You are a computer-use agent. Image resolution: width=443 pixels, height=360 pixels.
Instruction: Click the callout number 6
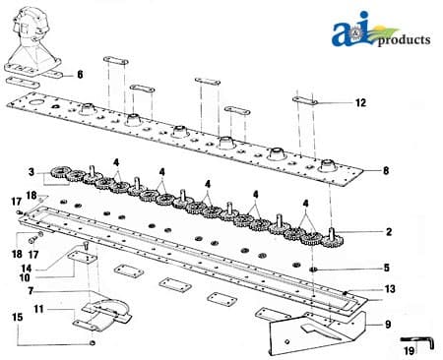tap(80, 75)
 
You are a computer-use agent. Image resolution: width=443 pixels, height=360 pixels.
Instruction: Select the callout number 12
tap(360, 103)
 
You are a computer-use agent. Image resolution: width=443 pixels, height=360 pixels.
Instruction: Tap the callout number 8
tap(386, 170)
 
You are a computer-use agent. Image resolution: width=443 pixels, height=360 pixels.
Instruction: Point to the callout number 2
tap(389, 232)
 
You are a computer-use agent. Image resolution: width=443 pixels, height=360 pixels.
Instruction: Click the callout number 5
tap(387, 268)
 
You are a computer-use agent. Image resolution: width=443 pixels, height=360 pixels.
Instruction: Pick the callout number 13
tap(390, 289)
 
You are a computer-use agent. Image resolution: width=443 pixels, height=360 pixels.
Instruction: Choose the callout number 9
tap(388, 325)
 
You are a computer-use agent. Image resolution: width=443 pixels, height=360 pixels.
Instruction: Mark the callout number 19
tap(409, 351)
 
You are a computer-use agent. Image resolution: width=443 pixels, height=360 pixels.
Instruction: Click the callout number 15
tap(18, 318)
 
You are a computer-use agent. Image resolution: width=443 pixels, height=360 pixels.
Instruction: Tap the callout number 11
tap(38, 309)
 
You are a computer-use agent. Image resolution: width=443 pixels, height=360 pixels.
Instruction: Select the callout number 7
tap(31, 291)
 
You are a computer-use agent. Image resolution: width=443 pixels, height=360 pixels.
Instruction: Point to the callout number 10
tap(25, 277)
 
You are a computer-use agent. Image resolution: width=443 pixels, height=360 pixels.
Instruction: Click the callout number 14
tap(27, 269)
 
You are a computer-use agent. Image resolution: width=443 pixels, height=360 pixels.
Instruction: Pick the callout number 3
tap(32, 172)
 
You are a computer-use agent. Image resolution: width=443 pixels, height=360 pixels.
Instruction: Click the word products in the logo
tap(404, 40)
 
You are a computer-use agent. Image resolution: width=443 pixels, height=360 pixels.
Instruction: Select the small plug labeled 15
tap(93, 343)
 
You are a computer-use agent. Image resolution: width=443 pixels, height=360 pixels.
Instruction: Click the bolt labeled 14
tap(86, 245)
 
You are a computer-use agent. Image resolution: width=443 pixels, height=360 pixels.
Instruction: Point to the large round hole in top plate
tap(35, 102)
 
